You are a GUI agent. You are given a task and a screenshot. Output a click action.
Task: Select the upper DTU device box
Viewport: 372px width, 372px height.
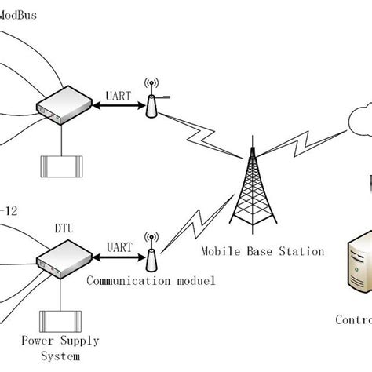(59, 104)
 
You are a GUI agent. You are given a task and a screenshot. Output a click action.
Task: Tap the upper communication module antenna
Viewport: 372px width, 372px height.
(151, 97)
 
